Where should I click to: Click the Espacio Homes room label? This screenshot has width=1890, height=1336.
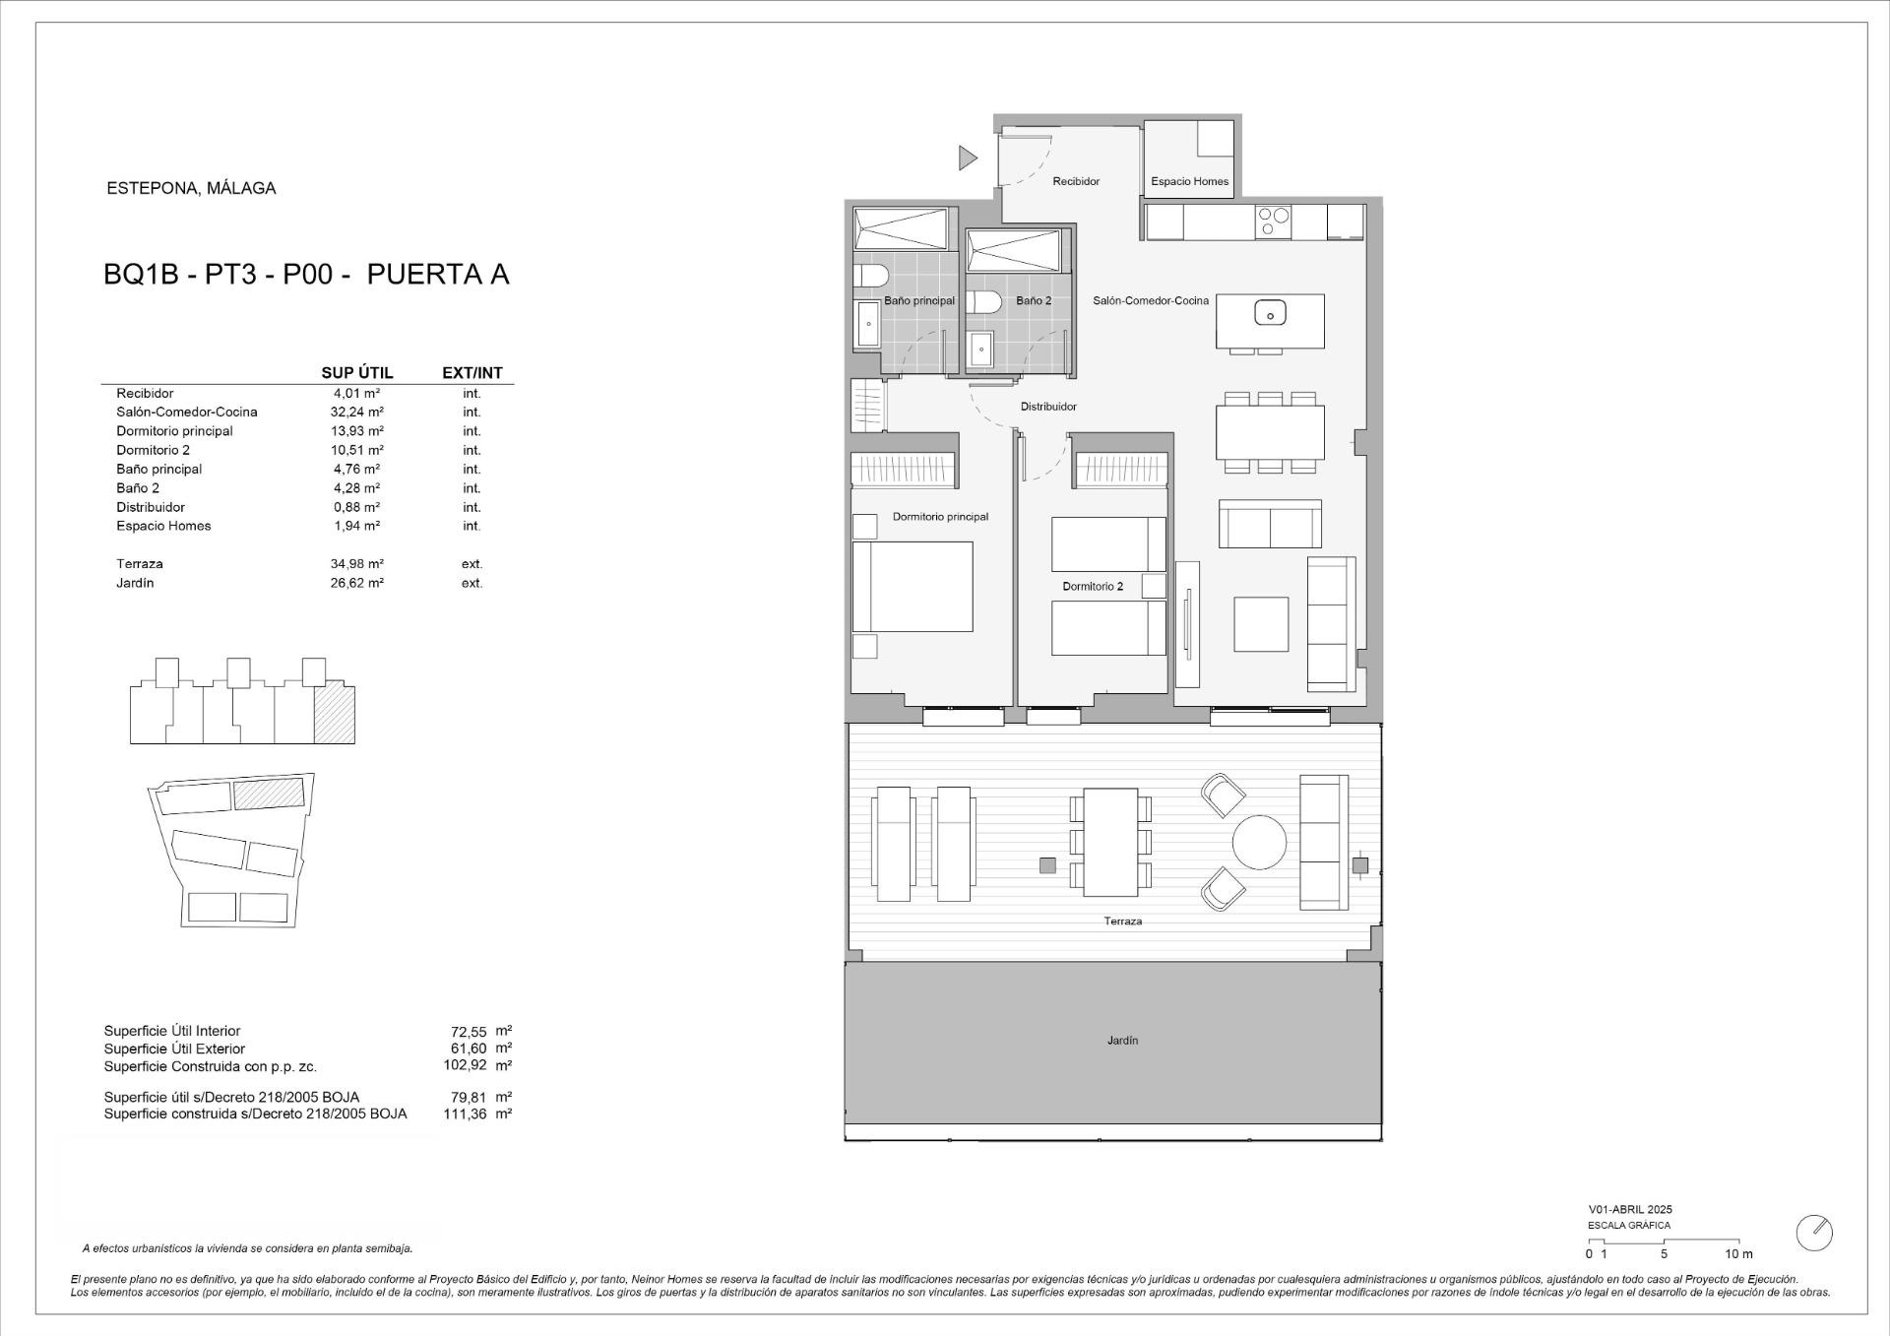1189,181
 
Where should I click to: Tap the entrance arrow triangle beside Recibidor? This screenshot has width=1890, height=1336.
968,158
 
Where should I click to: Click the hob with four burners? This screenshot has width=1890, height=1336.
1273,222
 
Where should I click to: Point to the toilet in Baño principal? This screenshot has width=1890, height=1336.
870,275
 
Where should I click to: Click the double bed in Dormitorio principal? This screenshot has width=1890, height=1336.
913,587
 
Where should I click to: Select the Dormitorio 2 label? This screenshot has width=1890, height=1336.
1092,587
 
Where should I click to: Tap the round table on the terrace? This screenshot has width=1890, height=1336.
1259,843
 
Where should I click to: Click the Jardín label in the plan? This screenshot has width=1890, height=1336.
1122,1041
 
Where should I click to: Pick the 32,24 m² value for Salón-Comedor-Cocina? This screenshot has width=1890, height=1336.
356,413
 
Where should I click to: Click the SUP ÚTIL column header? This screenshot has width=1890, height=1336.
356,373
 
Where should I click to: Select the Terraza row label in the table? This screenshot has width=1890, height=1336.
140,564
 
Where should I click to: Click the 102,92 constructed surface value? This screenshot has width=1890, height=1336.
465,1065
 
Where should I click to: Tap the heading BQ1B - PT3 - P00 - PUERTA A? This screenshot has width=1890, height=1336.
306,275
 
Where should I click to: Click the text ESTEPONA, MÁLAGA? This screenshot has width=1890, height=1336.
191,188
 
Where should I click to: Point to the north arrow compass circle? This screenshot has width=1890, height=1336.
1813,1233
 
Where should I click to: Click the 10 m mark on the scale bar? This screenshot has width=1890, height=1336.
1738,1254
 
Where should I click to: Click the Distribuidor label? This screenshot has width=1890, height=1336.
1047,407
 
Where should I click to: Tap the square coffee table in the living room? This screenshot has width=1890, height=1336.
1260,624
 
